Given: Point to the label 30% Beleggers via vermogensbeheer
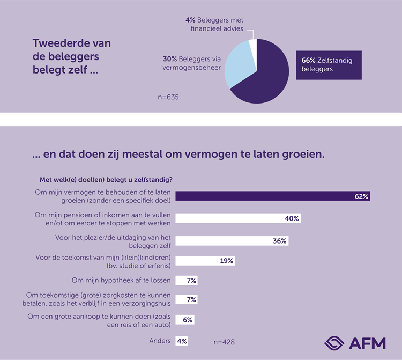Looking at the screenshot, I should click(191, 64).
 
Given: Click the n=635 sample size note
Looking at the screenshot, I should click(168, 97).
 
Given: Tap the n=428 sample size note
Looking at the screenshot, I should click(225, 342).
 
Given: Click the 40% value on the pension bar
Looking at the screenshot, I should click(292, 218).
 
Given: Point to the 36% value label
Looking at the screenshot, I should click(279, 241).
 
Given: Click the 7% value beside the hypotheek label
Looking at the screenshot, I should click(191, 280).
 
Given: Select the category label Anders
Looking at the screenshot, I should click(160, 341).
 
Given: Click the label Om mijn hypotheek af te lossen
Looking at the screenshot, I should click(121, 280).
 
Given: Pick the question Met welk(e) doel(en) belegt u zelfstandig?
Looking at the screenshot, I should click(109, 180).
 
